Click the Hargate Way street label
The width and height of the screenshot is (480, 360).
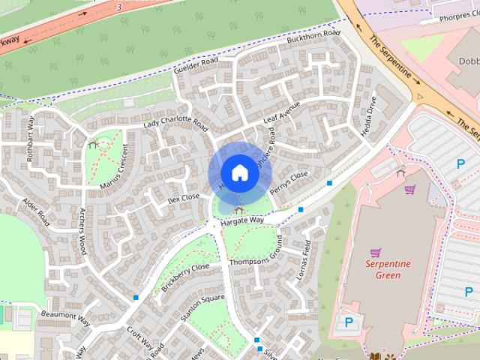click(x=242, y=220)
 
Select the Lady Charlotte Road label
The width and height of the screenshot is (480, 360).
click(x=175, y=121)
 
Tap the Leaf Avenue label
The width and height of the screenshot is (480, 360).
click(x=281, y=113)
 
